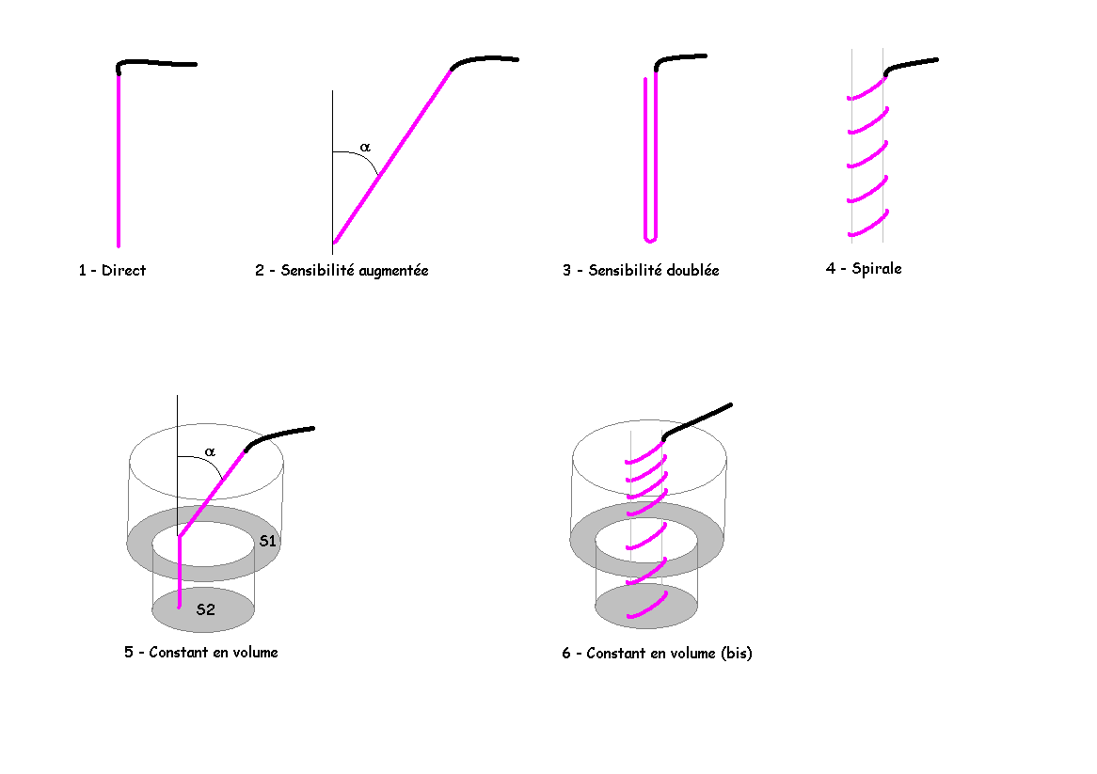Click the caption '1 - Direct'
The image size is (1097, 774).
pos(112,271)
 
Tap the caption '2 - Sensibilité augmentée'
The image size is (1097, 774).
pos(342,271)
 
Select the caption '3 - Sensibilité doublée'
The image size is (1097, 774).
pos(641,271)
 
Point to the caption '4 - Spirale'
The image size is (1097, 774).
pos(864,269)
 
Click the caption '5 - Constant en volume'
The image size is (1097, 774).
pos(201,652)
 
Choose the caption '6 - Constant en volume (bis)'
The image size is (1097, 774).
pos(657,653)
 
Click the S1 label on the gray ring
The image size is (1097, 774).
pos(267,541)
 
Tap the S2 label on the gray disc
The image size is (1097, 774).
pos(205,609)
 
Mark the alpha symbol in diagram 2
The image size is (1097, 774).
pos(365,148)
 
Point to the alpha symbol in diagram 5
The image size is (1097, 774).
pos(210,451)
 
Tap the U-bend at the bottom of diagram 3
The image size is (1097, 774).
pos(649,235)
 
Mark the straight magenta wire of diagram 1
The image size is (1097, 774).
pos(119,160)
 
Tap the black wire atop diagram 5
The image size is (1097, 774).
pos(279,434)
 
